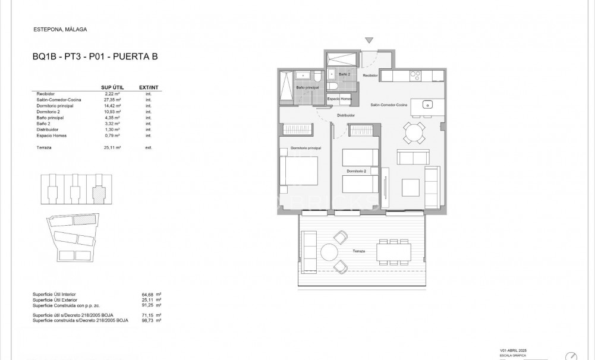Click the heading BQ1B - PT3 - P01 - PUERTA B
click(95, 58)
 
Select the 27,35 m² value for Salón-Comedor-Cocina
click(112, 100)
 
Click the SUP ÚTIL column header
click(112, 87)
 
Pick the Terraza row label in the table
click(45, 147)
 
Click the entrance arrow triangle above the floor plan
click(369, 40)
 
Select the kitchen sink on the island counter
click(428, 105)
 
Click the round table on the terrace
click(329, 252)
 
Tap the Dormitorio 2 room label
click(357, 171)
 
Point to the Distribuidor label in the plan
click(346, 115)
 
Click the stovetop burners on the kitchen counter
click(416, 75)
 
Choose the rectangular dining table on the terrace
click(392, 253)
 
